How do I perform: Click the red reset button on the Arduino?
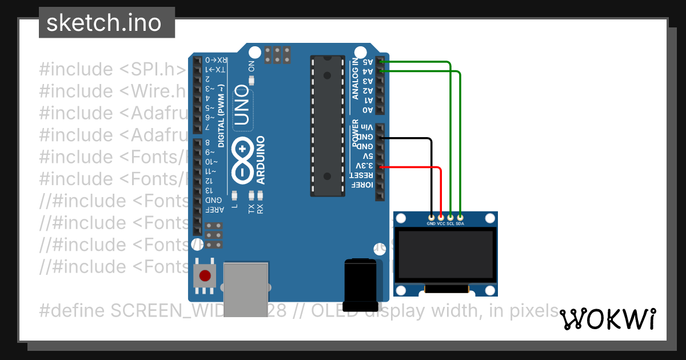point(204,277)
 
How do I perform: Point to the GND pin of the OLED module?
point(431,217)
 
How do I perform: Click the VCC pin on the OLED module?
point(441,217)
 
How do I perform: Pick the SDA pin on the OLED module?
point(460,217)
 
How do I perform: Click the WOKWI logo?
point(607,319)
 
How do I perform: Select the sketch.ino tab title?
point(103,23)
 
